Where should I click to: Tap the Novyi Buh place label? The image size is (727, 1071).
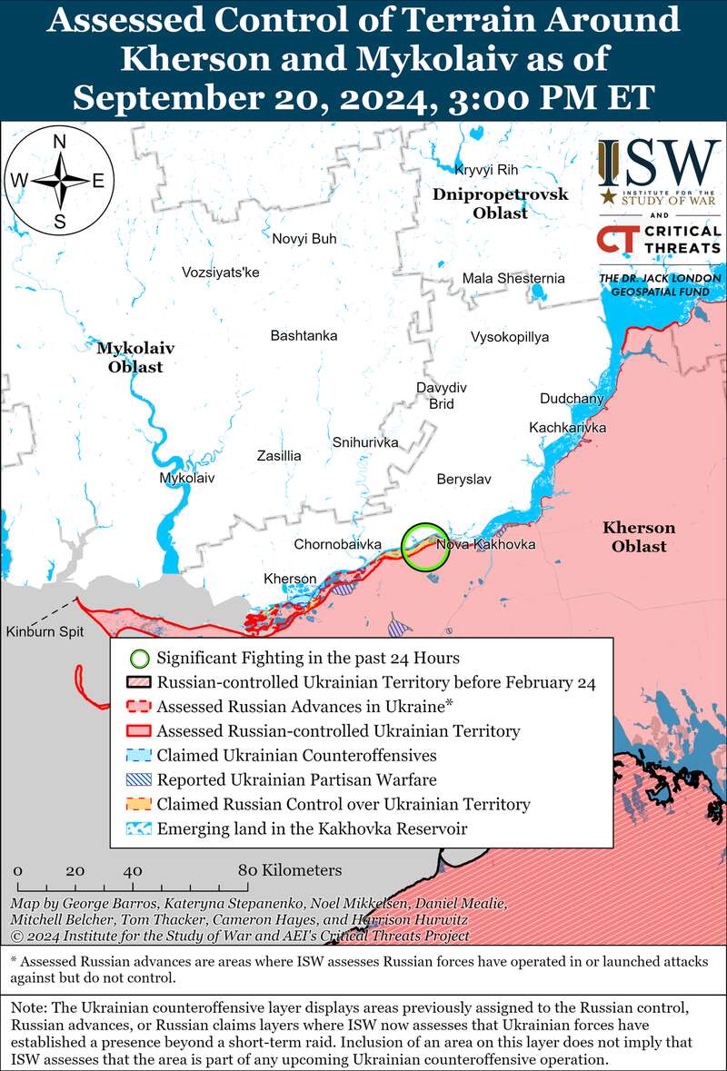304,239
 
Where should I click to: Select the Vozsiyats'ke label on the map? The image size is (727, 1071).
220,272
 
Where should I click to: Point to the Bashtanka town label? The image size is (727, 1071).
304,336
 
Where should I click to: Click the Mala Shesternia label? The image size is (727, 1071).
513,279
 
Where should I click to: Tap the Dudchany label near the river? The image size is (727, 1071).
571,399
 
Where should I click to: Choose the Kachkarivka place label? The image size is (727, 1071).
568,428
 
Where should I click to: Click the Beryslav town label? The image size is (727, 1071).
463,479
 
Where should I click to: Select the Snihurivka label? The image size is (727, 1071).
365,442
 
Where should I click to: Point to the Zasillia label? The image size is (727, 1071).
279,456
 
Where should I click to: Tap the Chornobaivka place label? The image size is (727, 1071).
337,544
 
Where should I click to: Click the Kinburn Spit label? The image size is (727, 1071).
43,631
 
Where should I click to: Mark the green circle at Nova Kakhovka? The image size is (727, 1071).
424,547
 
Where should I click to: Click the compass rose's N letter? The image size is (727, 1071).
60,142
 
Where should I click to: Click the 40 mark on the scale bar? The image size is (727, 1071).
134,870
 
